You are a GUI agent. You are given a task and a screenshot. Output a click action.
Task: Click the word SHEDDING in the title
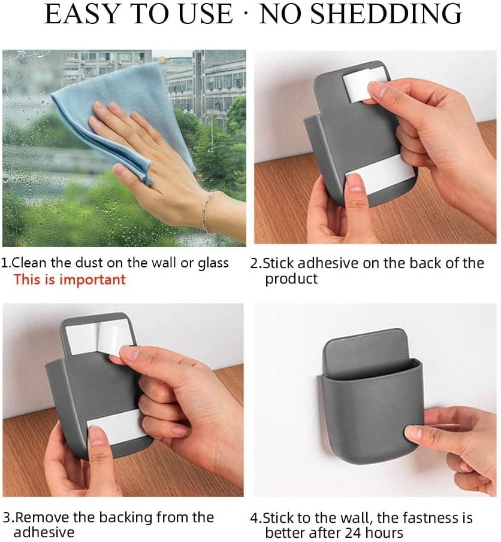click(386, 14)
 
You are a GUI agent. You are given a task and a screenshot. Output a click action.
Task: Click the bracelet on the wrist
click(208, 212)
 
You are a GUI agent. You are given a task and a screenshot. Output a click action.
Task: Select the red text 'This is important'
click(70, 279)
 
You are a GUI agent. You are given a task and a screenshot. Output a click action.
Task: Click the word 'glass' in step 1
click(213, 263)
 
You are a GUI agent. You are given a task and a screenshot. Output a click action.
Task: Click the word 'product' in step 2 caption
click(291, 279)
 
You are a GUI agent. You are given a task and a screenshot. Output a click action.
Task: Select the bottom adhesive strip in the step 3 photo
click(116, 427)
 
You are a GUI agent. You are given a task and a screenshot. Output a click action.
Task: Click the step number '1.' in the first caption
click(6, 263)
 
